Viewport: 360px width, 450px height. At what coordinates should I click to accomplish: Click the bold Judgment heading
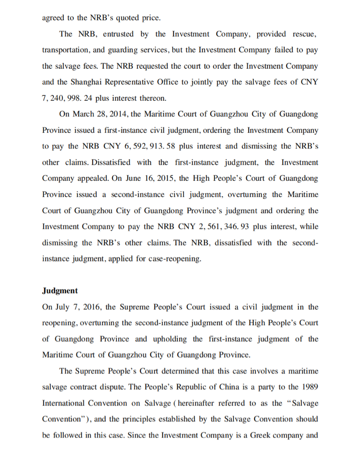tap(60, 291)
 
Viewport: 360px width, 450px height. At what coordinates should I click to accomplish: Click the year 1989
tap(308, 387)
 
